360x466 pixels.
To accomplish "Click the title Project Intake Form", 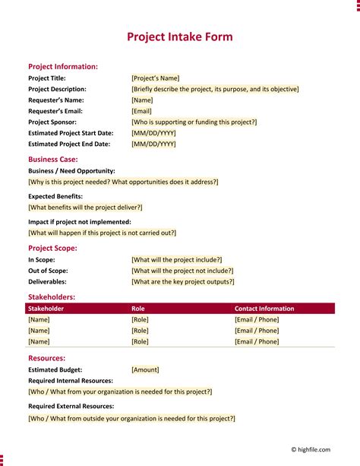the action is pos(179,36).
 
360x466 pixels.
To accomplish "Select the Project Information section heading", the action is pos(63,67).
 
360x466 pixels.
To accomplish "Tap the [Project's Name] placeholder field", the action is pos(156,78).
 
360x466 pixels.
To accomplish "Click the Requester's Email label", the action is pos(55,111).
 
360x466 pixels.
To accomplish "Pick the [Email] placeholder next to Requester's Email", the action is pos(141,111).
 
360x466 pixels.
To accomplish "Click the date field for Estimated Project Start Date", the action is pos(153,133).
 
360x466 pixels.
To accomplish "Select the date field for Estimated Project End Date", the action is pos(153,144).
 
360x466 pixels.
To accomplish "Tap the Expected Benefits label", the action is pos(55,196).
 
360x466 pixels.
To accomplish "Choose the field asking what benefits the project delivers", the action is pos(85,208).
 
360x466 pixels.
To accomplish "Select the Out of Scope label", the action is pos(48,271).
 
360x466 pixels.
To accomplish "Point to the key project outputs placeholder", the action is pos(183,281).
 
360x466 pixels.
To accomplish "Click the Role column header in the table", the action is pos(138,309).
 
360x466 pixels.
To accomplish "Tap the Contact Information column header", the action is pos(264,309).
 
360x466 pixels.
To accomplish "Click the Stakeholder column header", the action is pos(46,309).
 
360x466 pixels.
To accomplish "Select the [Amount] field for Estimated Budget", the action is pos(145,369).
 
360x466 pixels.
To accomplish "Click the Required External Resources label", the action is pos(71,407).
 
